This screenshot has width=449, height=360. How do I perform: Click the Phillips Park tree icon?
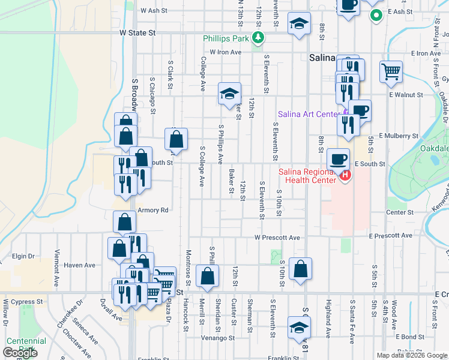pos(259,38)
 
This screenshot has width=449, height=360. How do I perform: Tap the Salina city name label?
pos(325,58)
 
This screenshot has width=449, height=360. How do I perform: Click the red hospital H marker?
pos(345,175)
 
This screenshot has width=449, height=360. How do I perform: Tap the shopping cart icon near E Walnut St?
pos(391,72)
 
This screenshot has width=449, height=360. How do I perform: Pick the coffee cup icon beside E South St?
pos(338,159)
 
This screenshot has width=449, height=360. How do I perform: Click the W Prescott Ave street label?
pos(277,238)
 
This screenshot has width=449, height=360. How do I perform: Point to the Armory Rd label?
pos(152,210)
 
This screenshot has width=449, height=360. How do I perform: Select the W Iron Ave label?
pos(225,53)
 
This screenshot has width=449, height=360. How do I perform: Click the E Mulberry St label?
pos(399,136)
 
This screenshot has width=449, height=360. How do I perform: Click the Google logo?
pos(19,353)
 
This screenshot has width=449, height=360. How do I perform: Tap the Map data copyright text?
pos(411,355)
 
